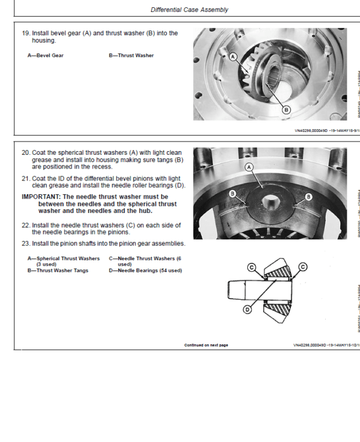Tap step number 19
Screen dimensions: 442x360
[x=26, y=33]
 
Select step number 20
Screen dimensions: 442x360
[x=26, y=152]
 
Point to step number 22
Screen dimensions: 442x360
[x=26, y=225]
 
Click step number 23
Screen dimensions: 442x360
[x=26, y=243]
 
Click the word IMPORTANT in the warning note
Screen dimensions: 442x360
[x=40, y=196]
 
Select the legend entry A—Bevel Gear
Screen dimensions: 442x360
[x=46, y=56]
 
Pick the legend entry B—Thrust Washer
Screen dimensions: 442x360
[x=131, y=56]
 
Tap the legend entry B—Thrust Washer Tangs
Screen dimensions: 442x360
[x=58, y=270]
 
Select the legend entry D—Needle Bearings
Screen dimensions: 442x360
[x=145, y=270]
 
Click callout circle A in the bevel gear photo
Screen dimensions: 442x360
[x=233, y=56]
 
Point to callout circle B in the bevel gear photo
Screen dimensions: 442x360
[x=286, y=109]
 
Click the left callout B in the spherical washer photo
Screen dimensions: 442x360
[x=232, y=194]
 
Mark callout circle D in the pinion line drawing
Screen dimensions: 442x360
[x=247, y=309]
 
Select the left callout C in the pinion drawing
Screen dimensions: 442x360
[x=252, y=267]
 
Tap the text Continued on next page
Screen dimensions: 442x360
[x=206, y=345]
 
